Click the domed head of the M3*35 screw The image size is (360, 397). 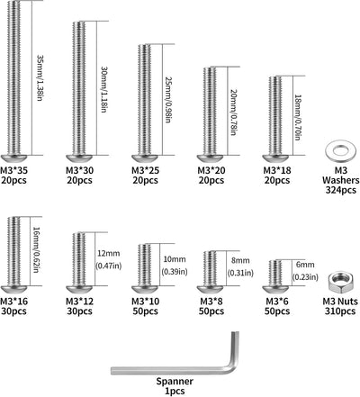(14, 158)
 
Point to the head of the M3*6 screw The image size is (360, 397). (275, 289)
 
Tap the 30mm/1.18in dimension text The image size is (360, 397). (103, 89)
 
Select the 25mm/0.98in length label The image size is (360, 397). (168, 100)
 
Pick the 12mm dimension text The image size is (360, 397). (109, 254)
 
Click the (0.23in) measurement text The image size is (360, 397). (305, 277)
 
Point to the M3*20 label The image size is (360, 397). (211, 170)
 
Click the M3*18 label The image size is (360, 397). (277, 170)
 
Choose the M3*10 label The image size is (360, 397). (146, 302)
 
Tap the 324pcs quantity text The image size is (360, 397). (341, 190)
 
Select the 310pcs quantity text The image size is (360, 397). (340, 311)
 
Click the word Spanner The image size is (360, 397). (175, 382)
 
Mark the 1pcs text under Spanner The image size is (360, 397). (175, 392)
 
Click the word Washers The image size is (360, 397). (341, 180)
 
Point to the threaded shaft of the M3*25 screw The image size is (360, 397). (145, 100)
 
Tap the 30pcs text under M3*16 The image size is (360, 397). (13, 311)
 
